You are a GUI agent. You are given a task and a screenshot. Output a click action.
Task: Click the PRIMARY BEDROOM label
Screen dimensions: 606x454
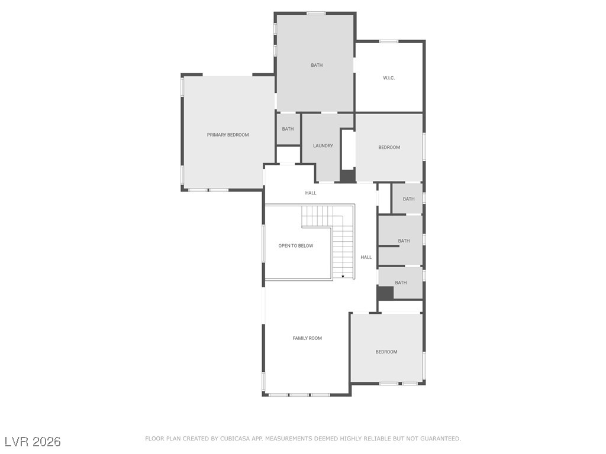228,135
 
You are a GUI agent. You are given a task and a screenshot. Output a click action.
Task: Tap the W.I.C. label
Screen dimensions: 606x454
389,78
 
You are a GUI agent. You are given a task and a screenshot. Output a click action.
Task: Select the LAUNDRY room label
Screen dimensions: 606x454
323,145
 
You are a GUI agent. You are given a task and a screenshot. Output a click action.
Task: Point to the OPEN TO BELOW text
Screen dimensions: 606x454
296,245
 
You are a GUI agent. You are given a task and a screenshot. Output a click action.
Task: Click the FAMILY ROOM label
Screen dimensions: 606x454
307,338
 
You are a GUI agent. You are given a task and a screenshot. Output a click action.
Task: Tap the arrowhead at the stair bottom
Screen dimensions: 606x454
343,277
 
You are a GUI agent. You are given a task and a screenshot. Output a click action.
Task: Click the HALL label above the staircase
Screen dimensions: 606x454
311,193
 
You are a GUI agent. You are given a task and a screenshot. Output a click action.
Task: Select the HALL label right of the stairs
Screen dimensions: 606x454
366,257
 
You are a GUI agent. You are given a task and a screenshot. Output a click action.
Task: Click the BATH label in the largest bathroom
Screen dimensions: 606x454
317,65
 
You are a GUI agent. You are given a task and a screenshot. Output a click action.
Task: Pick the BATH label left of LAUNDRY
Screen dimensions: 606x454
288,129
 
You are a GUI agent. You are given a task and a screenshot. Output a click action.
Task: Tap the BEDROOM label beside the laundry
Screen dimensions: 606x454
389,147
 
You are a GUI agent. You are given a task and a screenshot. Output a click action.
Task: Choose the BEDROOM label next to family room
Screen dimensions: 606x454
386,352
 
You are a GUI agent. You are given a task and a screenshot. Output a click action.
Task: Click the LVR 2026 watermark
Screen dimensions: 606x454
33,442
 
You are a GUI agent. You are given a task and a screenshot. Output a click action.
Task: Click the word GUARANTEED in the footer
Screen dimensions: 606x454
440,439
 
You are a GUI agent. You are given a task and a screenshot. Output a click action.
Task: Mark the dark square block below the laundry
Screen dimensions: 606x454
347,176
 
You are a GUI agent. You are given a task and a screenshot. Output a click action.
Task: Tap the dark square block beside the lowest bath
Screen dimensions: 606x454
385,293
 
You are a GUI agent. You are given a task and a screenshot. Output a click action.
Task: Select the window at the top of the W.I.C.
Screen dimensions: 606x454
389,41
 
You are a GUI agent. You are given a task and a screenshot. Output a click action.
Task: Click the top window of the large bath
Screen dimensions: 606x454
316,14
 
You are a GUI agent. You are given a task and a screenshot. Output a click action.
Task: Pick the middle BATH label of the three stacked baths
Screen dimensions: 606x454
404,241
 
